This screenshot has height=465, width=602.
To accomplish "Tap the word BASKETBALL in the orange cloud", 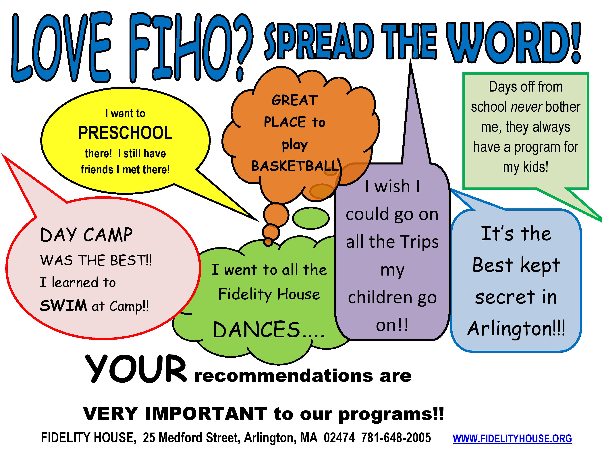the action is pyautogui.click(x=295, y=166).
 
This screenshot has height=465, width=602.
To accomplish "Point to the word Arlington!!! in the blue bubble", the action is pyautogui.click(x=516, y=329).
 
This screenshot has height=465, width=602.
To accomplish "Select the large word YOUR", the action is pyautogui.click(x=136, y=369).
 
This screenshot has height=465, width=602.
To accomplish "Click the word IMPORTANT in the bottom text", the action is pyautogui.click(x=206, y=414).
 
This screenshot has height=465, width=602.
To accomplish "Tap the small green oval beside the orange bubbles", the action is pyautogui.click(x=311, y=218).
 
